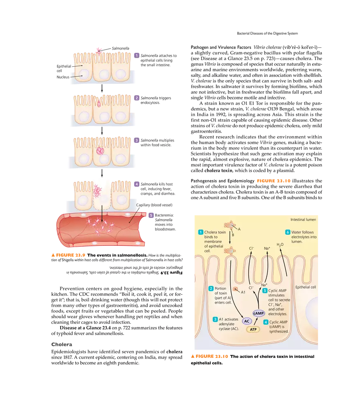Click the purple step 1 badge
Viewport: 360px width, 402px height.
137,55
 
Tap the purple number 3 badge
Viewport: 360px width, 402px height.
137,140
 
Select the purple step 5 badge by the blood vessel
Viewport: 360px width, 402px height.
151,215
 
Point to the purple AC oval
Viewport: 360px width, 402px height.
247,321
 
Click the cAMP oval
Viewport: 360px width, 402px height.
259,313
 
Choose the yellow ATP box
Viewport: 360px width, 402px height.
253,329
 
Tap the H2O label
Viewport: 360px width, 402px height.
280,245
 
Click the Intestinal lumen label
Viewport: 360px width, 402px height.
304,219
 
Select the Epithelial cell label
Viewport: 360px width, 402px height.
306,287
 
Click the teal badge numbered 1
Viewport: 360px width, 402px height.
200,232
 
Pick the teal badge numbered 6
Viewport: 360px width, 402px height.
288,232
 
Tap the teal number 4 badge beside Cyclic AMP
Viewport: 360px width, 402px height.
265,322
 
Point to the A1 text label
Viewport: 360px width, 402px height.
243,292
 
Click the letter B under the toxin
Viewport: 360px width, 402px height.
233,235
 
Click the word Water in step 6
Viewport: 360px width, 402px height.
297,232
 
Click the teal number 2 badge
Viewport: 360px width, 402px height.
211,289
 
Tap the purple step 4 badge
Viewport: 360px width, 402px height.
137,184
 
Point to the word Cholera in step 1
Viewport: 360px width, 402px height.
212,232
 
